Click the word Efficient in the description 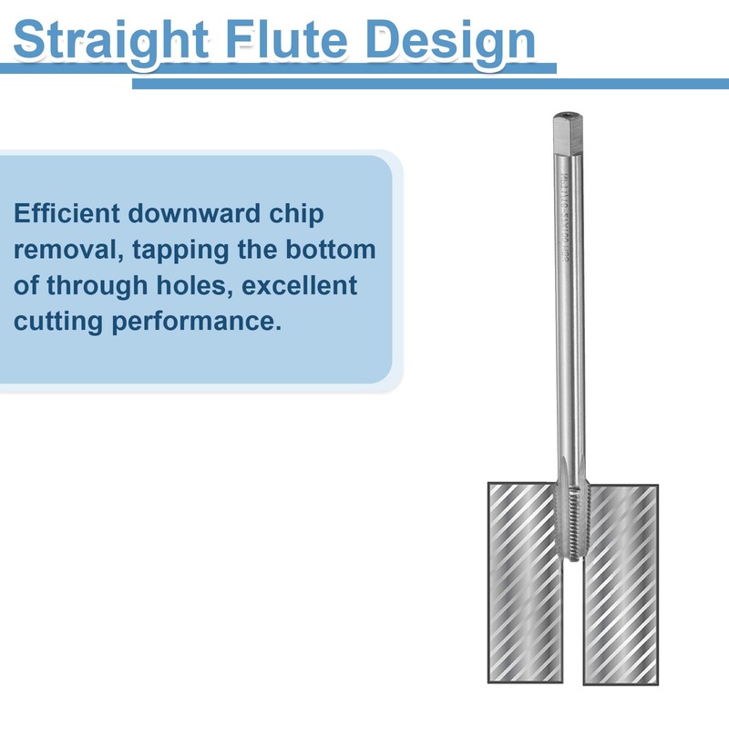(x=65, y=213)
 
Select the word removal (x=58, y=249)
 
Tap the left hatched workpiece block (x=524, y=583)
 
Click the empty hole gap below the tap (x=572, y=629)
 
